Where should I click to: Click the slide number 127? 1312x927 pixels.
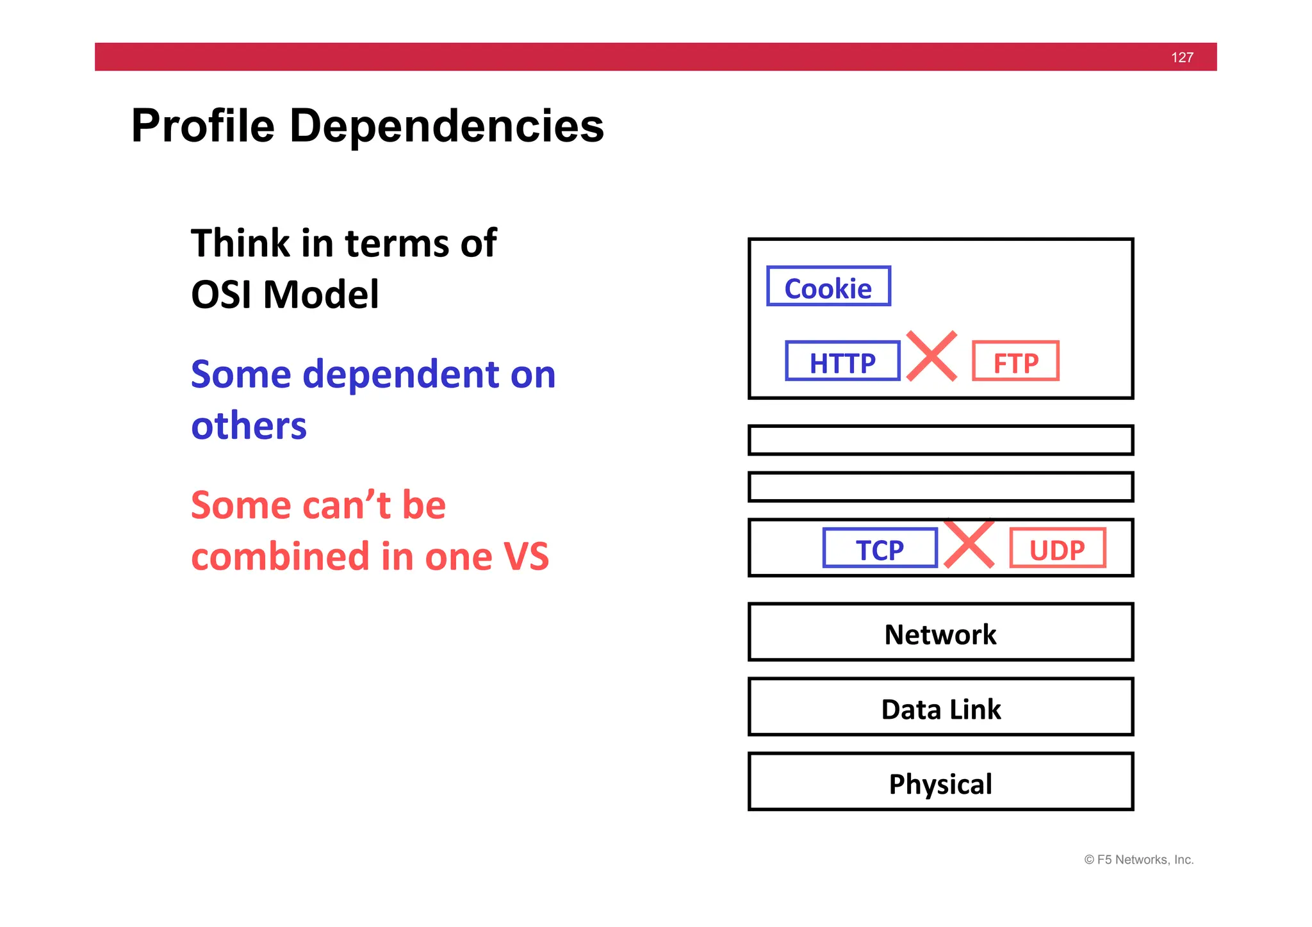tap(1181, 58)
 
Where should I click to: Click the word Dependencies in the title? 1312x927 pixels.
tap(447, 126)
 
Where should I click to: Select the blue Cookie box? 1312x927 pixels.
tap(828, 286)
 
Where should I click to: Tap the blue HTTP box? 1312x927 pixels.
tap(842, 361)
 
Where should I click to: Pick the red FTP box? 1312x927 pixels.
tap(1015, 361)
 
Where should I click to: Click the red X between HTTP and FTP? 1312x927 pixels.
tap(932, 356)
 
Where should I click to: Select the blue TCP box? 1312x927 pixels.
tap(880, 548)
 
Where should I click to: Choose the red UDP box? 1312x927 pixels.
tap(1057, 548)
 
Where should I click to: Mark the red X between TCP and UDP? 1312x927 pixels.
tap(969, 543)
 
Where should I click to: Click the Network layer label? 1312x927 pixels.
tap(940, 634)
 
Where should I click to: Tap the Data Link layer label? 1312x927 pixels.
tap(940, 709)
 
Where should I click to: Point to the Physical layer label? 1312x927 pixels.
tap(940, 784)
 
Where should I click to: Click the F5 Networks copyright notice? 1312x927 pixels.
tap(1138, 860)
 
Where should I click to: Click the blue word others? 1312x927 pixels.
tap(249, 426)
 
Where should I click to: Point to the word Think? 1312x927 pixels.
tap(240, 243)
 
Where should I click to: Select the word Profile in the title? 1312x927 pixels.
tap(203, 126)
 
